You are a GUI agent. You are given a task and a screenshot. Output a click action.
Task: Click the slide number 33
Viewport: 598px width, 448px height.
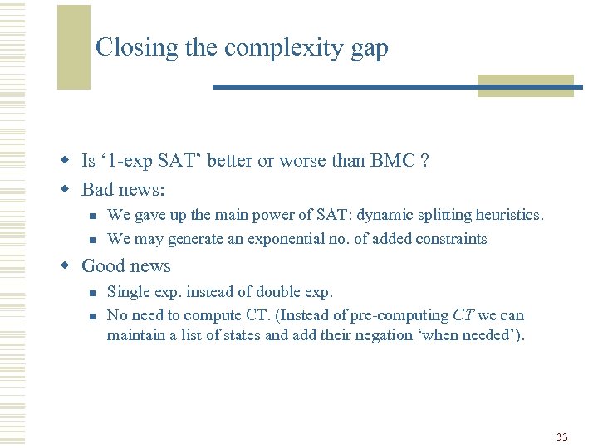click(562, 436)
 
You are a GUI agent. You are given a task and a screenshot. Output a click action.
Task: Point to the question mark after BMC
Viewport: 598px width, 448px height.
click(424, 161)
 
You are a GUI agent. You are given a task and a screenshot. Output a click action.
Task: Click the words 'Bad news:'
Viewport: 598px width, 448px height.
click(124, 190)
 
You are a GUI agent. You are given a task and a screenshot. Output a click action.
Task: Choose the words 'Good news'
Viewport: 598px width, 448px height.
click(126, 266)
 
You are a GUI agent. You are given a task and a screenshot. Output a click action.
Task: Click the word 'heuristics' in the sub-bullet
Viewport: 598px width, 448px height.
click(508, 215)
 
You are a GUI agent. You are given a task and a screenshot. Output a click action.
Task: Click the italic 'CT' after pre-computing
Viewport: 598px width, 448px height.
click(463, 315)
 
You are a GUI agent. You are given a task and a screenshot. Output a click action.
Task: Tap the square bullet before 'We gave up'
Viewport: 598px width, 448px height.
click(94, 216)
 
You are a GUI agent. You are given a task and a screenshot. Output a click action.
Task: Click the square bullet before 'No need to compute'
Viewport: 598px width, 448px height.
click(94, 316)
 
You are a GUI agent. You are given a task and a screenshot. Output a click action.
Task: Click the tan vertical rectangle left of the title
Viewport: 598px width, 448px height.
click(73, 46)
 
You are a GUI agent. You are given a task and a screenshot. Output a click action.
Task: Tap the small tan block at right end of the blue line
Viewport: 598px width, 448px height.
click(525, 86)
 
